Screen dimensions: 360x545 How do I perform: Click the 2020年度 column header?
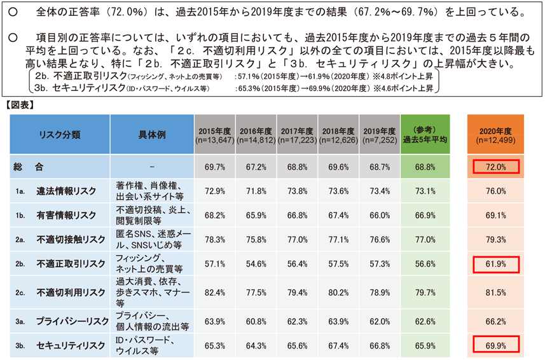[x=495, y=135]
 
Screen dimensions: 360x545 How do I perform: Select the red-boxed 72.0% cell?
[x=495, y=167]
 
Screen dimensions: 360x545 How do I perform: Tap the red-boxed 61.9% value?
[x=495, y=263]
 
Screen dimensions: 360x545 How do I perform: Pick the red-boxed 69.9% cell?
[x=495, y=345]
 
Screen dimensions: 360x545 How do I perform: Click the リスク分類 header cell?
[x=60, y=135]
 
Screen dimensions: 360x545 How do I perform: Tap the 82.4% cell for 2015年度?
[x=215, y=292]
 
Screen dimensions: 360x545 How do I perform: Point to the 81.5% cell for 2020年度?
[x=495, y=292]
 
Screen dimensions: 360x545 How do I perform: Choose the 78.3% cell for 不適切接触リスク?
[x=215, y=239]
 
